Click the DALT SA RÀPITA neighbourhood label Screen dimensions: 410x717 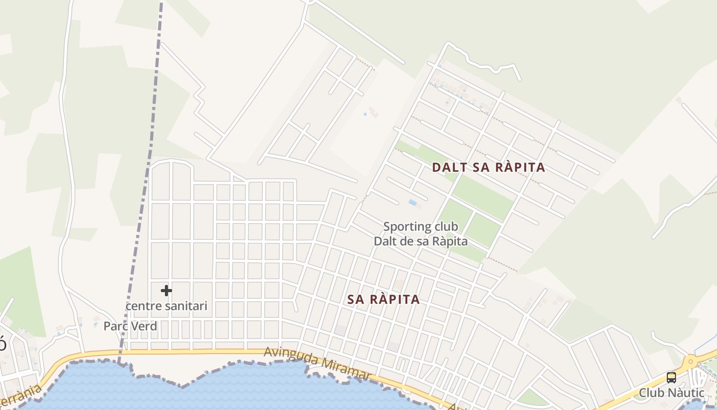(x=489, y=168)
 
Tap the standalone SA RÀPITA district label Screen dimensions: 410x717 (x=384, y=300)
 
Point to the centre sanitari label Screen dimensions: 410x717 (x=166, y=306)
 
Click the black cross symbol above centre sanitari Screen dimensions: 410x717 (x=166, y=291)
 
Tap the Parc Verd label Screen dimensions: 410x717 (x=130, y=326)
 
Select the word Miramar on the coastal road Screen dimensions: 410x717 (x=346, y=371)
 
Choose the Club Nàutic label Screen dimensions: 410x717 (x=671, y=393)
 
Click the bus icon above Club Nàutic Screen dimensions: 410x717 (x=671, y=378)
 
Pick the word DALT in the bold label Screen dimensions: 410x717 (x=450, y=168)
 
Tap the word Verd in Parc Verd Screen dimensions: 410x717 (x=144, y=326)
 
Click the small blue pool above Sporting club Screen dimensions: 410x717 (x=413, y=202)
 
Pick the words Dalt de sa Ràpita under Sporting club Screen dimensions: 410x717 (x=420, y=241)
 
